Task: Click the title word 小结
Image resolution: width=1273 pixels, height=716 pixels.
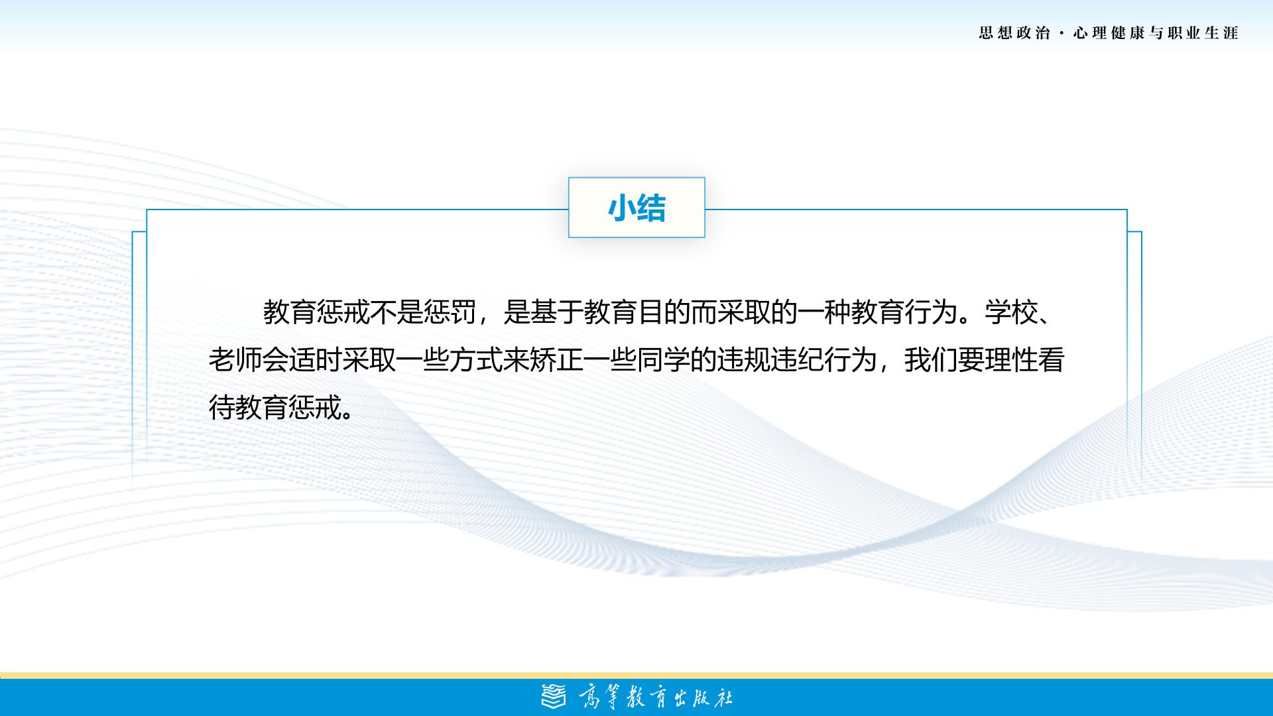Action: pos(636,208)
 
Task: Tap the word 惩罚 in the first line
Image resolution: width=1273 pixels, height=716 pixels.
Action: pos(450,312)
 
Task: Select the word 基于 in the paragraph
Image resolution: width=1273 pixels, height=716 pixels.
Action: pos(557,312)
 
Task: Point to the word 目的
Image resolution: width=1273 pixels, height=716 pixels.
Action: pos(664,312)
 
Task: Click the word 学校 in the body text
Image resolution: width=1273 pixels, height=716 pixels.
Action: pos(1011,312)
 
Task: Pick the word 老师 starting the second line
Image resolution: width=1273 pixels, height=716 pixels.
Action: pos(235,360)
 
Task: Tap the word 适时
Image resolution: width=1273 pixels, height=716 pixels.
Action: pos(316,360)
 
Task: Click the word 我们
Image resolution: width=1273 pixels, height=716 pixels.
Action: pos(931,360)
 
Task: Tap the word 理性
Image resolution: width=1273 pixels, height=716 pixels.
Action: pos(1011,360)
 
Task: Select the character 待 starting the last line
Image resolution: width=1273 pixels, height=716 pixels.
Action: pos(222,408)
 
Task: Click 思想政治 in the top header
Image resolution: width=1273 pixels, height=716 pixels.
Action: pos(1014,33)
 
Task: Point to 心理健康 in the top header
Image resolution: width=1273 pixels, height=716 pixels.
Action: pos(1109,33)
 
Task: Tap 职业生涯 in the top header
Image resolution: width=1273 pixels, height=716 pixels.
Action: pos(1203,33)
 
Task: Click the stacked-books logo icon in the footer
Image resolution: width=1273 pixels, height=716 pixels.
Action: pos(554,697)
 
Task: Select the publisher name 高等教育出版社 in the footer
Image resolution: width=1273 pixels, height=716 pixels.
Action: pos(656,697)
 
